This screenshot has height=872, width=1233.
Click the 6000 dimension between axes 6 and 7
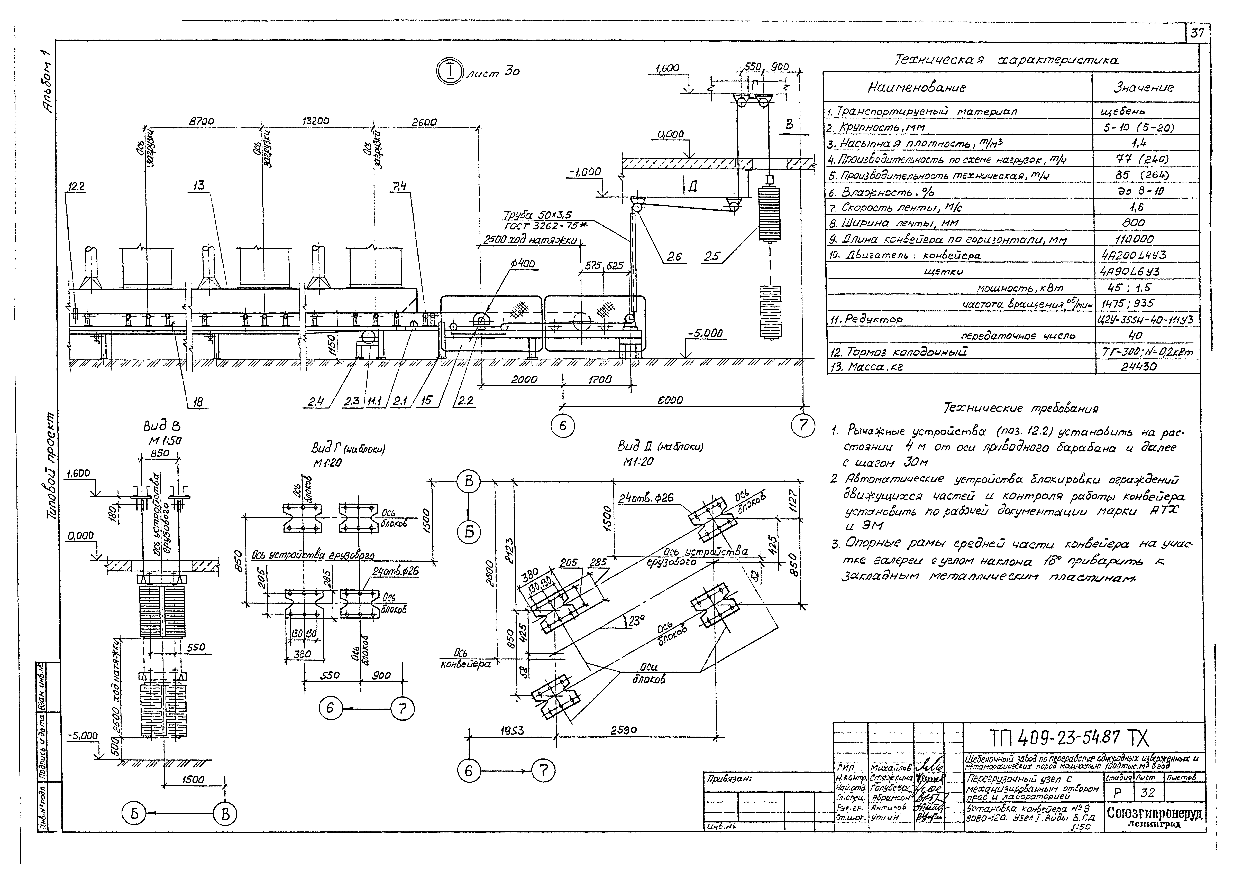pyautogui.click(x=670, y=400)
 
